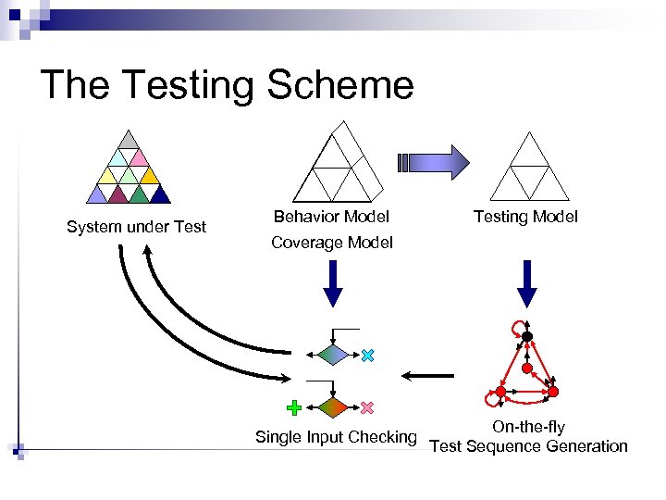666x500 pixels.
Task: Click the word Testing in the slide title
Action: pyautogui.click(x=189, y=85)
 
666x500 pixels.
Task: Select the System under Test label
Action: pyautogui.click(x=136, y=227)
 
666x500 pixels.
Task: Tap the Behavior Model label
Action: pyautogui.click(x=331, y=217)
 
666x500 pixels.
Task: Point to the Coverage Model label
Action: pyautogui.click(x=331, y=243)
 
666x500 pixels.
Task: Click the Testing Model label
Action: pyautogui.click(x=525, y=217)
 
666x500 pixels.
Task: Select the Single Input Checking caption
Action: pyautogui.click(x=336, y=437)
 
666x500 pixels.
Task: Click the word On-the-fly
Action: pyautogui.click(x=528, y=427)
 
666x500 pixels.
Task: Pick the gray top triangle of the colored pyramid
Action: pyautogui.click(x=130, y=140)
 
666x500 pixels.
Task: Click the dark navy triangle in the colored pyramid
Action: pyautogui.click(x=160, y=194)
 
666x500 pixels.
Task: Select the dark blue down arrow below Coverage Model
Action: pyautogui.click(x=332, y=282)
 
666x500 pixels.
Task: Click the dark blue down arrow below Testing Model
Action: pyautogui.click(x=526, y=282)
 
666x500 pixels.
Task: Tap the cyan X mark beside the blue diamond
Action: pyautogui.click(x=367, y=356)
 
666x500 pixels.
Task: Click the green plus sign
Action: pyautogui.click(x=294, y=406)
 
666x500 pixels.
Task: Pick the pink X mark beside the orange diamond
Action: pyautogui.click(x=367, y=407)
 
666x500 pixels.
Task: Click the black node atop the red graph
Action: pyautogui.click(x=527, y=336)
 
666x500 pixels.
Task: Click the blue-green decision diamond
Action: pyautogui.click(x=332, y=355)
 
